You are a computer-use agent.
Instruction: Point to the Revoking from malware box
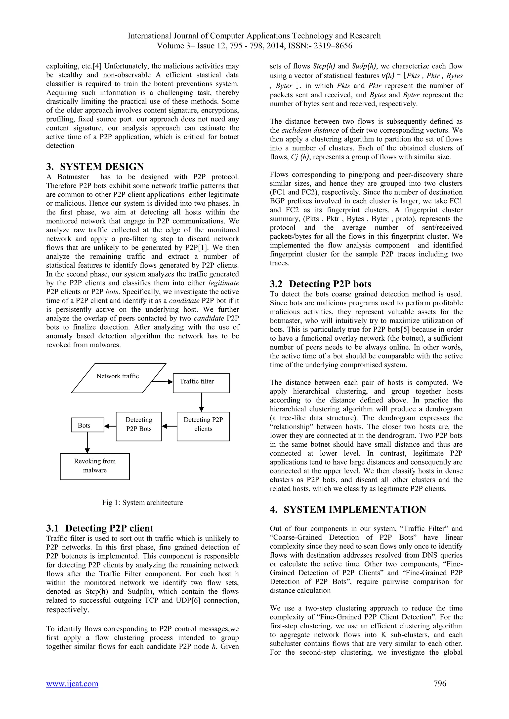95,466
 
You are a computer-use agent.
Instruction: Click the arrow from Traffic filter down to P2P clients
201,402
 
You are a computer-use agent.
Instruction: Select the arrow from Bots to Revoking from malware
87,442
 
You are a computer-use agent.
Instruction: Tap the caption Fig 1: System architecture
142,502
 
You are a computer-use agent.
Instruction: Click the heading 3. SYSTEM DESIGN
95,166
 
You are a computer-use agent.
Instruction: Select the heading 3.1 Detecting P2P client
100,528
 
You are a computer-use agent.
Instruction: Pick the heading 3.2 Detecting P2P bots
320,284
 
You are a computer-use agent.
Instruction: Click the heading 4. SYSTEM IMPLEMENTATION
348,509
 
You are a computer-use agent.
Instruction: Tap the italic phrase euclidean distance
310,130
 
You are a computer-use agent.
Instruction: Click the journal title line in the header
254,36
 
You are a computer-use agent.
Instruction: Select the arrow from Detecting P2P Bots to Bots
110,426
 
